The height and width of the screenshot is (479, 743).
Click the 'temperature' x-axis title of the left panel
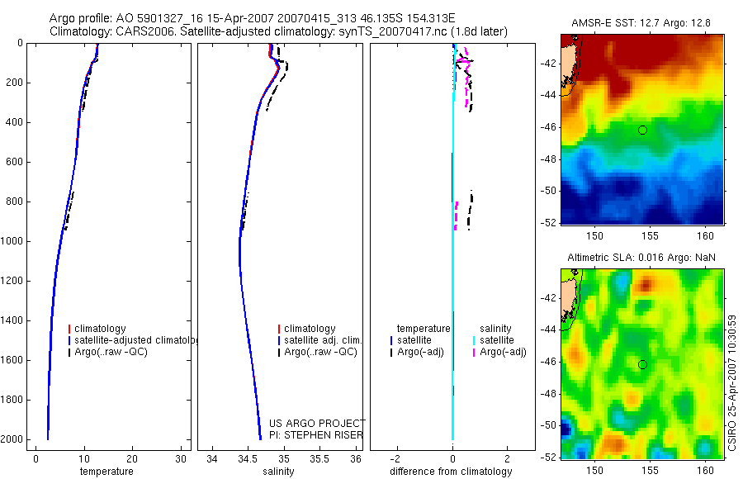pos(106,472)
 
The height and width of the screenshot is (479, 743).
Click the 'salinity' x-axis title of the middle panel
pos(277,472)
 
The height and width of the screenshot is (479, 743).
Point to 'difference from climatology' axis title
pos(452,472)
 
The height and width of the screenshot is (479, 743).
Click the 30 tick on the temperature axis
pos(180,459)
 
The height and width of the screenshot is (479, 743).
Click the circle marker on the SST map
pos(642,130)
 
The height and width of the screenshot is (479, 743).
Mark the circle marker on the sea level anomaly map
pos(642,364)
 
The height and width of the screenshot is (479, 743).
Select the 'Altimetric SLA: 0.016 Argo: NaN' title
pos(641,258)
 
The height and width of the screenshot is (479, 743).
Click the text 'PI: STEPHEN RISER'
pos(316,435)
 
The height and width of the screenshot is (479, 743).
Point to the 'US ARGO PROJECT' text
pos(316,424)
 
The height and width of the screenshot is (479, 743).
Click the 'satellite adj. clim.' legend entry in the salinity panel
pos(323,340)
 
